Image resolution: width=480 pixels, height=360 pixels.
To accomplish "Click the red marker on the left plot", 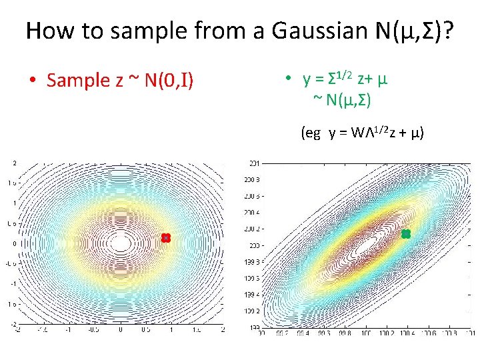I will pos(166,238).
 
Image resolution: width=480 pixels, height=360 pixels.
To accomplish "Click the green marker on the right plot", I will pos(405,234).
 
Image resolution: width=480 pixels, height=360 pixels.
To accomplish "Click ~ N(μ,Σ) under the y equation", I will pos(342,101).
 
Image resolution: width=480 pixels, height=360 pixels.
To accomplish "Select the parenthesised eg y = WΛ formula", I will pos(363,133).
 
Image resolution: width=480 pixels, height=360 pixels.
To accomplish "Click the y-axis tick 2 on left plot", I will pos(14,162).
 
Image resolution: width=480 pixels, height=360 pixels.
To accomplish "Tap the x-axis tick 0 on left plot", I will pos(121,329).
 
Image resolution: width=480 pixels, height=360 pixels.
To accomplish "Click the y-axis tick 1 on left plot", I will pos(14,203).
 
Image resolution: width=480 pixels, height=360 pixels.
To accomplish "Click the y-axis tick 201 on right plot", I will pos(255,163).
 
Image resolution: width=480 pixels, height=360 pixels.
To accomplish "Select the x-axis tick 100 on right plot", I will pos(365,333).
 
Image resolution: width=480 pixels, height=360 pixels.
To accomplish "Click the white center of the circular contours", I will pos(121,243).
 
